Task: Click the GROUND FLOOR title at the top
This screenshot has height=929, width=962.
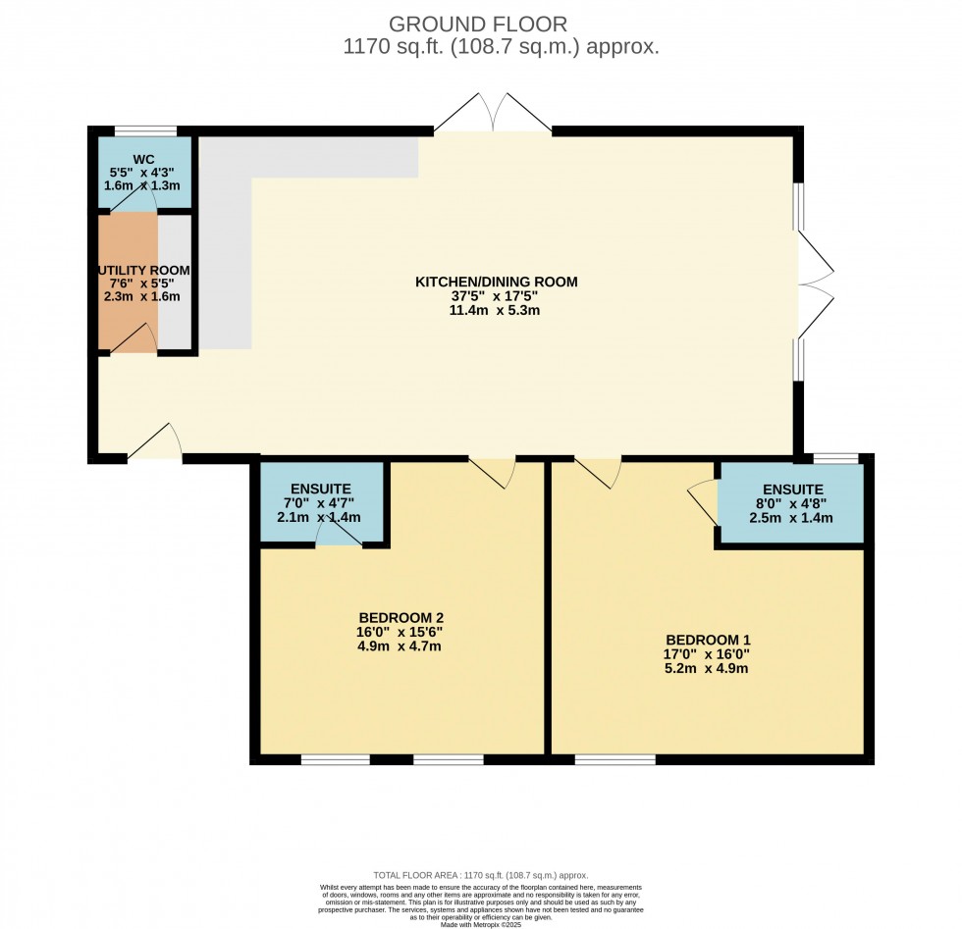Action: click(478, 24)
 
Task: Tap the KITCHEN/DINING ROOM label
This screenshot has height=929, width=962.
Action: click(497, 282)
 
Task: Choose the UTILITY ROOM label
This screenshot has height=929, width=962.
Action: click(143, 270)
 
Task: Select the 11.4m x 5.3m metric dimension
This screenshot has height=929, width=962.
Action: click(497, 310)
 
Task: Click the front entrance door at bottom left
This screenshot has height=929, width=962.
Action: click(155, 443)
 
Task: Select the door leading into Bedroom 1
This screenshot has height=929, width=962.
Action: click(599, 472)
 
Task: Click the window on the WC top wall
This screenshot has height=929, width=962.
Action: click(145, 130)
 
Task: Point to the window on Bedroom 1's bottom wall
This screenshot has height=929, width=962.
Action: click(615, 758)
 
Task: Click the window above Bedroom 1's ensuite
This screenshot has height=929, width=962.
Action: click(835, 457)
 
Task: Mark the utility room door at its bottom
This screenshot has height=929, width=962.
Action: click(134, 339)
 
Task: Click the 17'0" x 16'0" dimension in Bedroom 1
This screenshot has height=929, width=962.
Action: click(707, 653)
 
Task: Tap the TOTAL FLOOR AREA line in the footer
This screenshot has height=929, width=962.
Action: click(480, 875)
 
